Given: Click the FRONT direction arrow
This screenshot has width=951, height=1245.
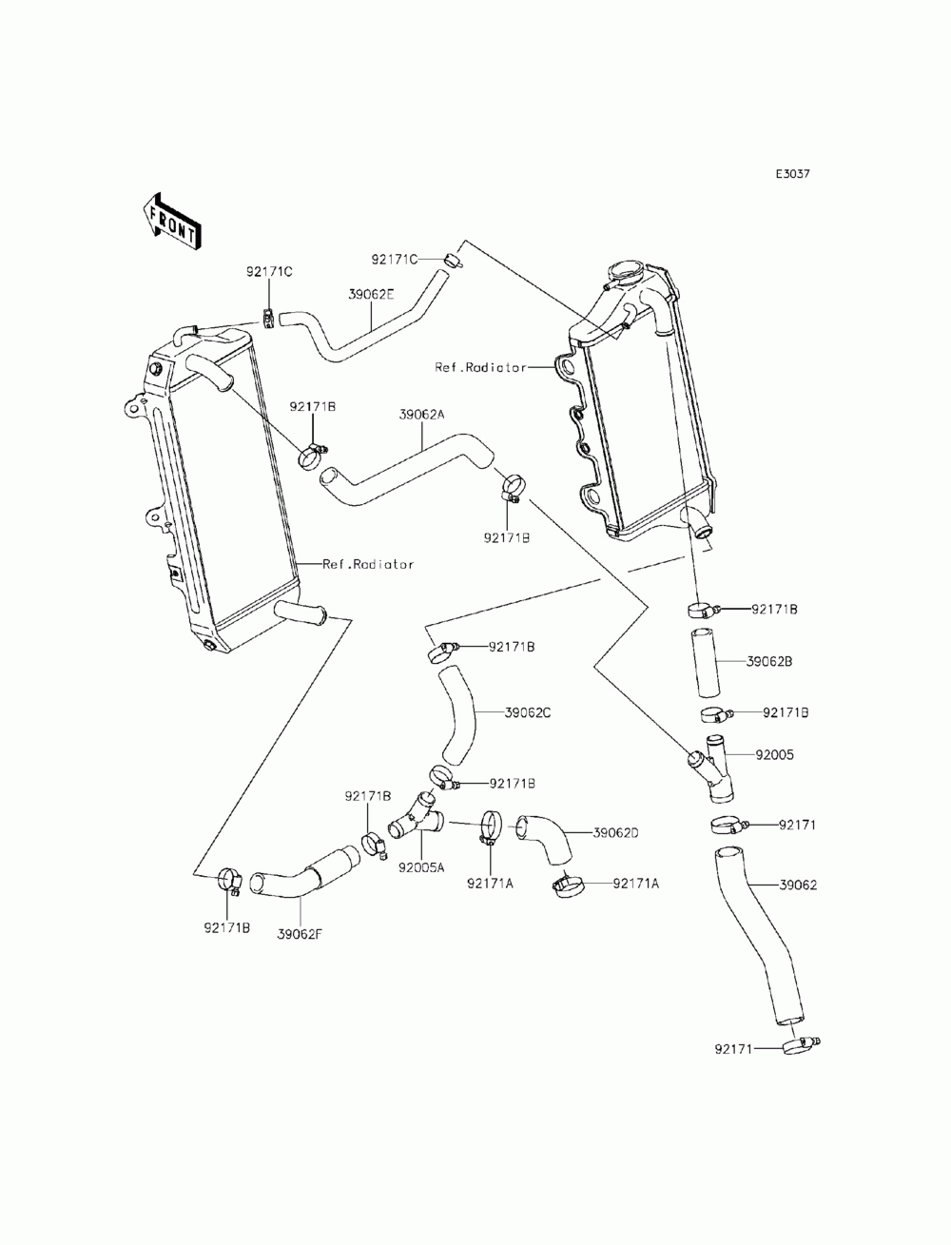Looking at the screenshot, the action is click(171, 222).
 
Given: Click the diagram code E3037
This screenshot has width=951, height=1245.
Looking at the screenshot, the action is click(792, 173).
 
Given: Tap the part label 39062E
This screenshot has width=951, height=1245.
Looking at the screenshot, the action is click(371, 295).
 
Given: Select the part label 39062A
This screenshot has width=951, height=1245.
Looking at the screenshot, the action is click(421, 415).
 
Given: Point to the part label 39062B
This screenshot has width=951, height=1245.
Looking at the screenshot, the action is click(769, 661).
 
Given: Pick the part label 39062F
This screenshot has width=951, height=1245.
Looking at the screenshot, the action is click(300, 934).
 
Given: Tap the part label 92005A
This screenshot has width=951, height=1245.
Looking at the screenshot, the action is click(421, 884).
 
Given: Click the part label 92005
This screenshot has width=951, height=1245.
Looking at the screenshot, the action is click(775, 754).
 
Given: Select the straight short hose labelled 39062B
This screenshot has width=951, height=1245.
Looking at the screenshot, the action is click(705, 663).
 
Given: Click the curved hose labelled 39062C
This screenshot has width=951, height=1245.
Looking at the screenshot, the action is click(457, 716).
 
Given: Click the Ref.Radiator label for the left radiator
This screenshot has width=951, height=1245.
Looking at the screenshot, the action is click(368, 564).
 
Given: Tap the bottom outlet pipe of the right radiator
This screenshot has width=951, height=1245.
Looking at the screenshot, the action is click(699, 522).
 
